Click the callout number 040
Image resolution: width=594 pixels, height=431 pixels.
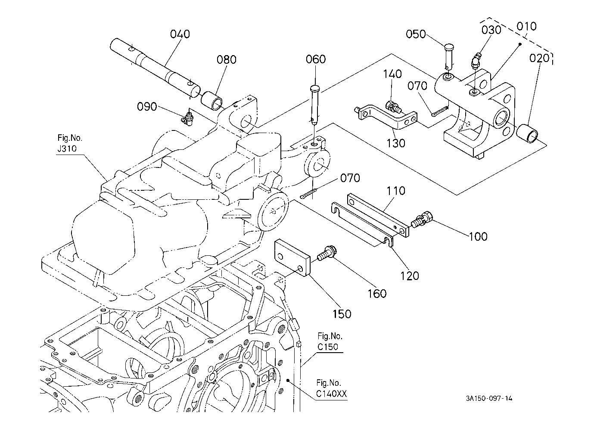pos(180,34)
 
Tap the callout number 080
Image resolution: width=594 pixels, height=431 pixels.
pos(227,59)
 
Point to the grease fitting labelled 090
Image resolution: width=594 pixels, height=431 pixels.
pos(188,118)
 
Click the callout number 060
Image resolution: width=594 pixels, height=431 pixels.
pos(316,59)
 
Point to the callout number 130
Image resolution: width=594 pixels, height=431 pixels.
pos(395,143)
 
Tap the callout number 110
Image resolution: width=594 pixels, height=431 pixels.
pos(395,190)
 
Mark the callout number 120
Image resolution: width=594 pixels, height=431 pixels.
pos(409,275)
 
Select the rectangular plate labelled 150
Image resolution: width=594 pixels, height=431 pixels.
pos(292,257)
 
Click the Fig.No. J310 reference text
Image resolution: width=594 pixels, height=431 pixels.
pos(69,145)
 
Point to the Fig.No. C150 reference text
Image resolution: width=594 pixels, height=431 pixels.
pos(330,341)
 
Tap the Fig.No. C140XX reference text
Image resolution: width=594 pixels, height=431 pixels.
pos(331,388)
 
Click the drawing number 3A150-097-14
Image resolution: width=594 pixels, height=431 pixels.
pos(489,398)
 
